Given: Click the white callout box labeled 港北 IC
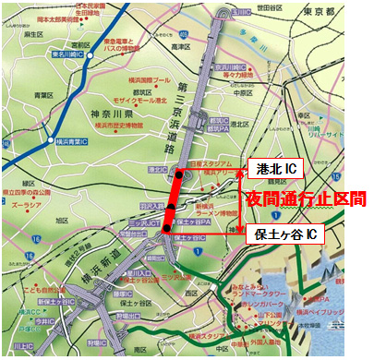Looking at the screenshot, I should click(x=276, y=169).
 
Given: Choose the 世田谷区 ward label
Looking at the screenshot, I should click(x=270, y=7).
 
